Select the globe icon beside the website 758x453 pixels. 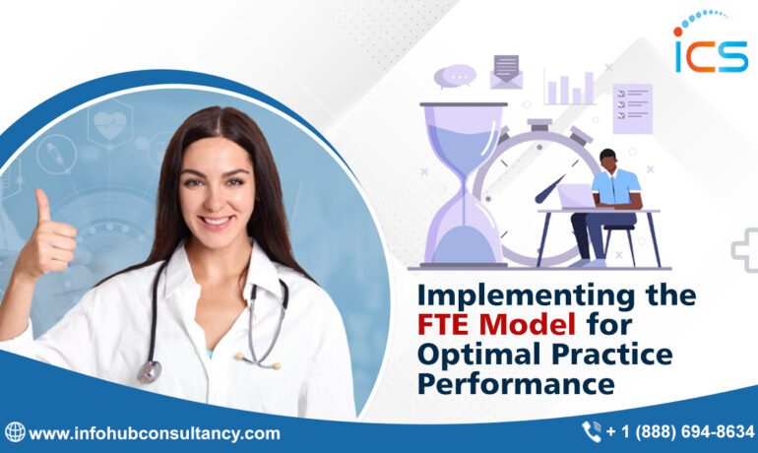pos(15,432)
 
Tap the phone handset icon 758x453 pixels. pos(591,431)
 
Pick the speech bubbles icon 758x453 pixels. pos(455,75)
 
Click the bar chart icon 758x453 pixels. pos(570,88)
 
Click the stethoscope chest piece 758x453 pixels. pos(150,371)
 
